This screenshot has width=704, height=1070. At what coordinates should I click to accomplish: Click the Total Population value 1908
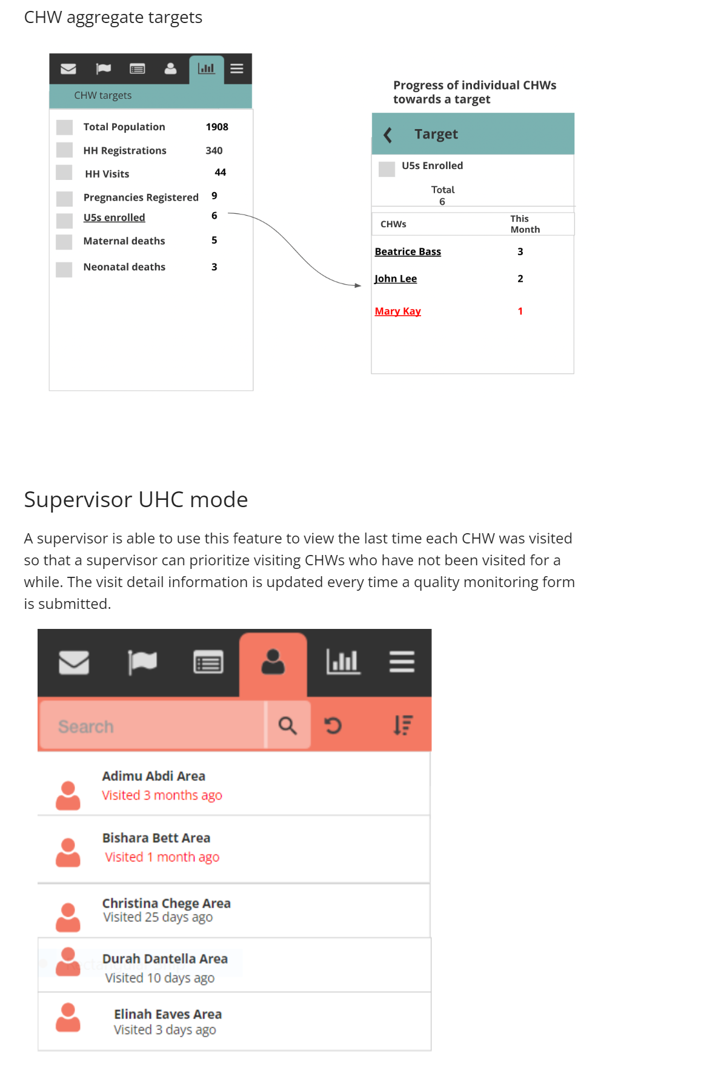pyautogui.click(x=216, y=127)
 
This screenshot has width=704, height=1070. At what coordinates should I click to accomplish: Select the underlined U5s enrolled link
pyautogui.click(x=114, y=218)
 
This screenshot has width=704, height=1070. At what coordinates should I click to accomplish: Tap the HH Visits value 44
pyautogui.click(x=220, y=173)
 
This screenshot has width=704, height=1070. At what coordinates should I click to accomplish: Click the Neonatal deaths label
pyautogui.click(x=124, y=267)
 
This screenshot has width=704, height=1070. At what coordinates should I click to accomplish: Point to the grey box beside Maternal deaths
pyautogui.click(x=64, y=242)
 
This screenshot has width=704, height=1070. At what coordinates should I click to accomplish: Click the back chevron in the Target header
pyautogui.click(x=388, y=135)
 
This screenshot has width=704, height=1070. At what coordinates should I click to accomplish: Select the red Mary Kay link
pyautogui.click(x=397, y=311)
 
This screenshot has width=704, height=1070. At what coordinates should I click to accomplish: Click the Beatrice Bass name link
pyautogui.click(x=408, y=252)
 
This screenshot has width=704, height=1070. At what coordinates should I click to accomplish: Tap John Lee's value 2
pyautogui.click(x=520, y=279)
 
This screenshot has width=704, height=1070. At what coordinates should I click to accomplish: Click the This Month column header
pyautogui.click(x=524, y=224)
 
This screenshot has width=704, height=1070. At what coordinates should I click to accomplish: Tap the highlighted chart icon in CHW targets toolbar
pyautogui.click(x=207, y=69)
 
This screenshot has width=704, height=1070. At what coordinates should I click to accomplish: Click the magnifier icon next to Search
pyautogui.click(x=287, y=725)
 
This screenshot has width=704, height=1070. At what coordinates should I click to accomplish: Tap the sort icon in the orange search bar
pyautogui.click(x=402, y=725)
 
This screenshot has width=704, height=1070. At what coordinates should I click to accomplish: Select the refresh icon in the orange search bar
pyautogui.click(x=333, y=725)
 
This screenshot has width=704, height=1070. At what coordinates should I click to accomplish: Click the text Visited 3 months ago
pyautogui.click(x=162, y=796)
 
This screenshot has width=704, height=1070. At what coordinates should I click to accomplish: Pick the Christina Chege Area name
pyautogui.click(x=166, y=903)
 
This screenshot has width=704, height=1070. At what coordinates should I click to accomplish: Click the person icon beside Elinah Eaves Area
pyautogui.click(x=68, y=1017)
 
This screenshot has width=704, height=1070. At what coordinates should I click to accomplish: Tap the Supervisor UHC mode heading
pyautogui.click(x=136, y=500)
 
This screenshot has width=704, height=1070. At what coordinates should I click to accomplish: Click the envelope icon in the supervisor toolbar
pyautogui.click(x=74, y=662)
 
